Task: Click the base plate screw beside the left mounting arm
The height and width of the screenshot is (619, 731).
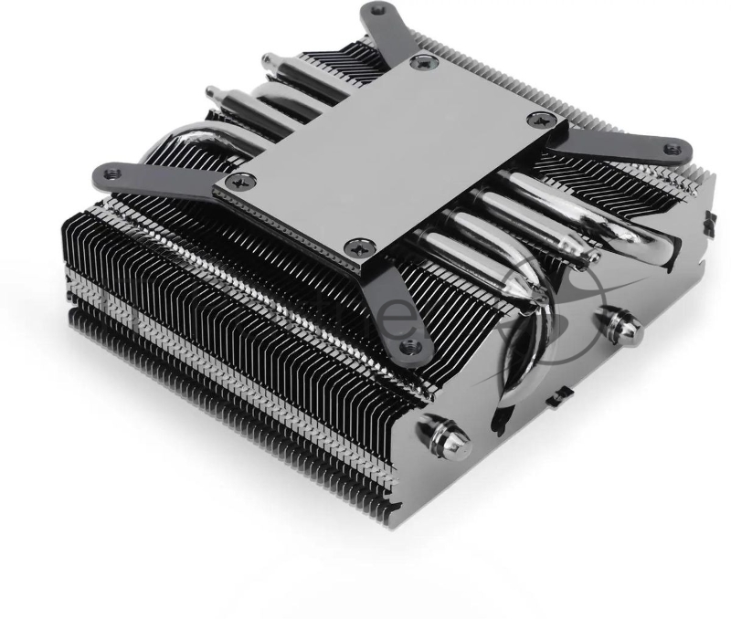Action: point(242,180)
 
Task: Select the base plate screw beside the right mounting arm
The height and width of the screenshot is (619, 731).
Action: point(543,119)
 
